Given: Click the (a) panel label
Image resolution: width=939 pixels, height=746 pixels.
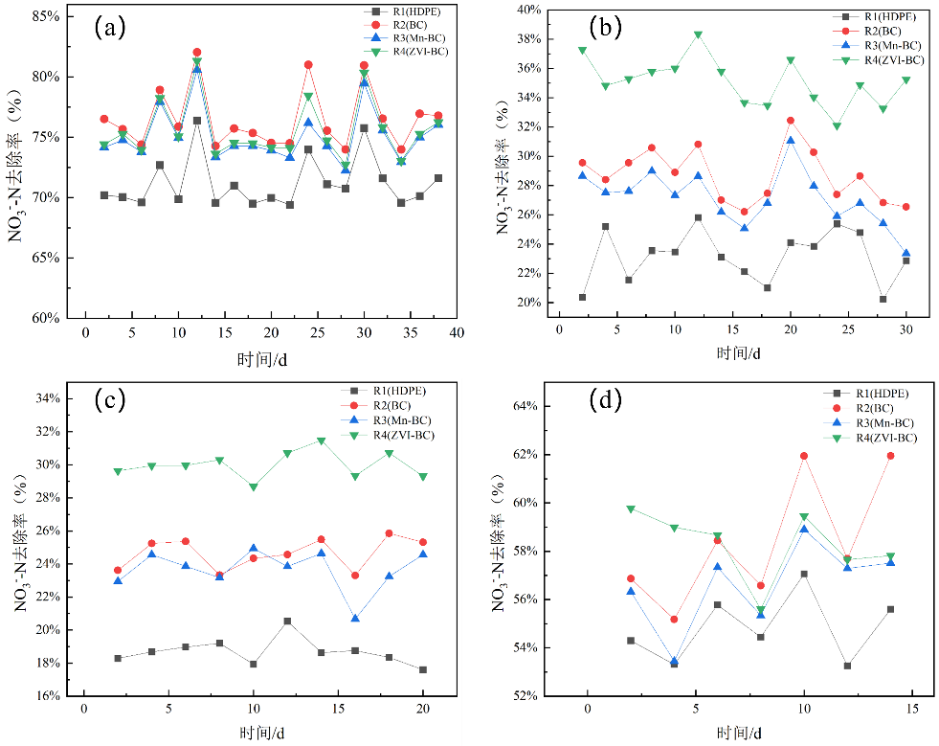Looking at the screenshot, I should point(109,27).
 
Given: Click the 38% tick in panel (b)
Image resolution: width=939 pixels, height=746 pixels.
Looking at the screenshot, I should point(529,39).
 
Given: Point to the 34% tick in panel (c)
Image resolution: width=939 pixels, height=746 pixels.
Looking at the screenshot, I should point(47,398).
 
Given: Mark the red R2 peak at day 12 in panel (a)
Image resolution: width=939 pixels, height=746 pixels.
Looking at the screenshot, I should point(197,52).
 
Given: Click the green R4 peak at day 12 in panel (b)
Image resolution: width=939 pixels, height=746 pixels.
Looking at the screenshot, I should point(698,34).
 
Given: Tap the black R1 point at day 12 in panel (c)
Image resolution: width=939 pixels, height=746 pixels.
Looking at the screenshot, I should point(287,622).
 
